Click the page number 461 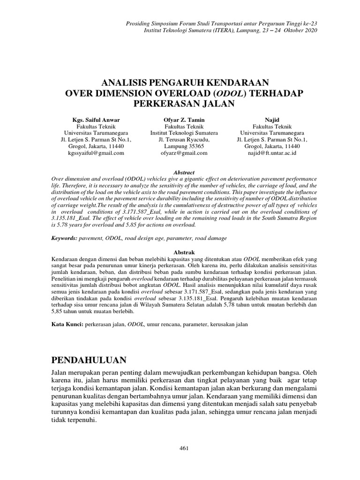184,449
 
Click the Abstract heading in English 184,173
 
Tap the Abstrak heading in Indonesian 184,252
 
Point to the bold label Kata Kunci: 67,324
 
